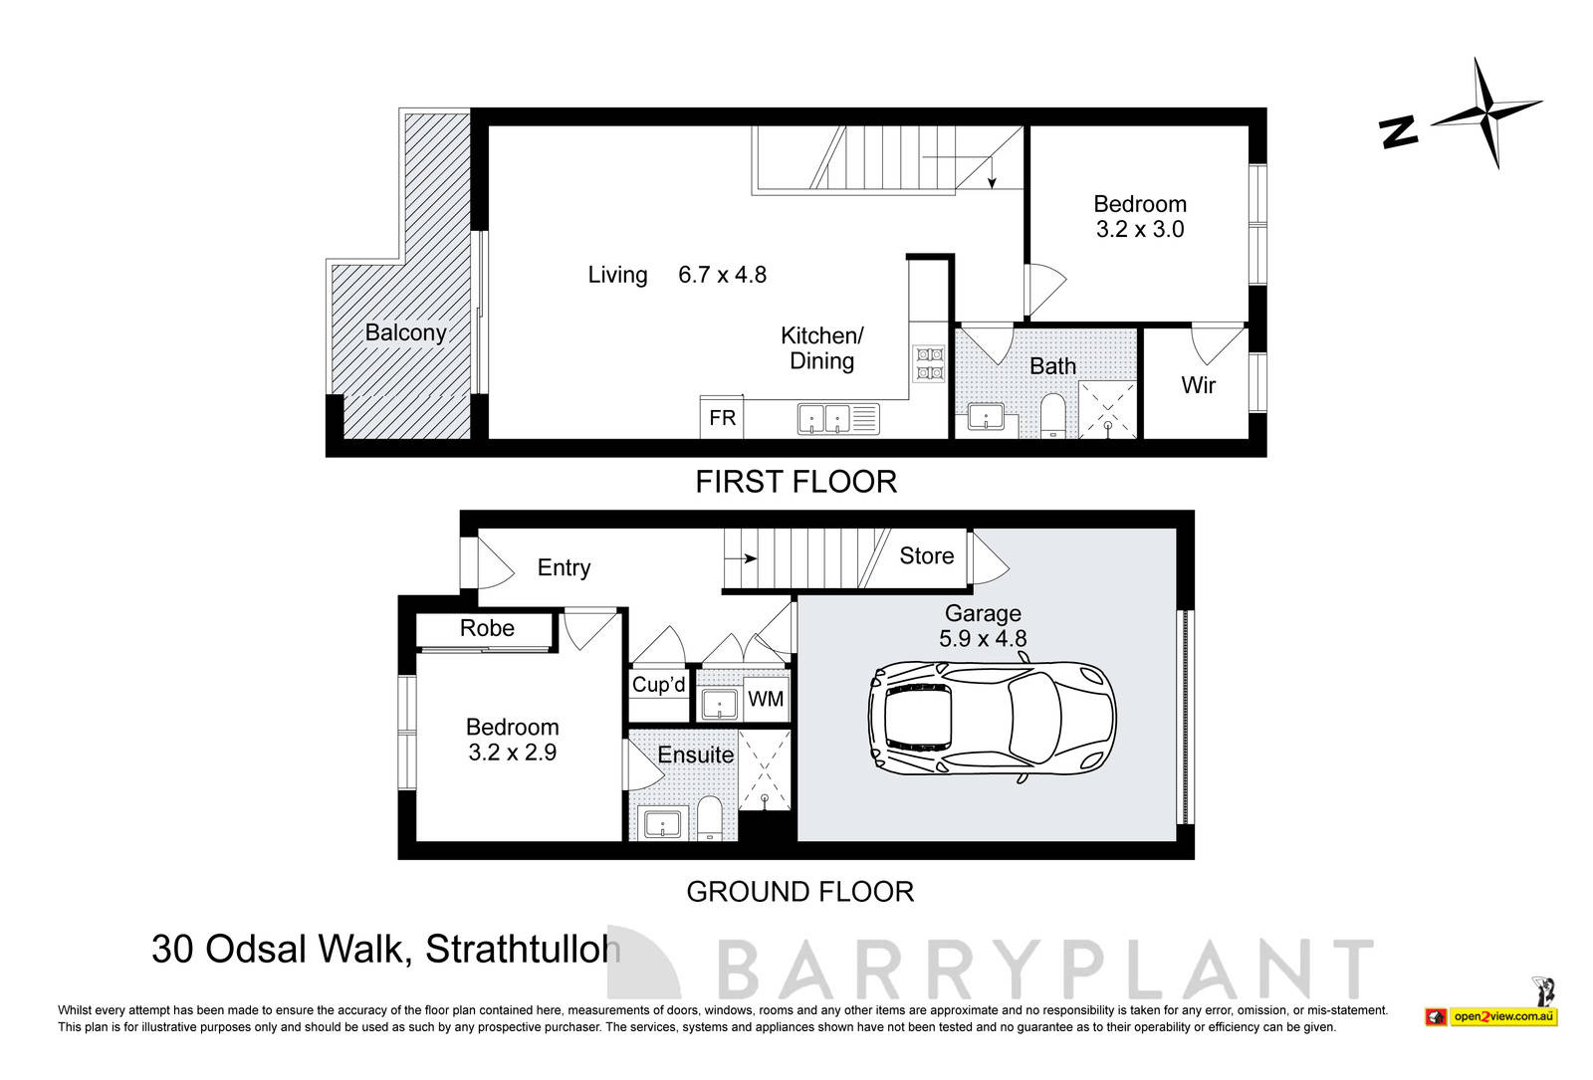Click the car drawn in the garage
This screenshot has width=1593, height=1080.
pos(992,717)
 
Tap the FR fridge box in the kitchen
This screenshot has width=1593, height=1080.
pos(723,418)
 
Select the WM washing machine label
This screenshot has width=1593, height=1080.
pos(766,699)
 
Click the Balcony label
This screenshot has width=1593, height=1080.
pos(405,332)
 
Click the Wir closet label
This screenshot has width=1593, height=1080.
pos(1198,385)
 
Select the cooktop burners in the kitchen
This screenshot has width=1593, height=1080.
pos(928,363)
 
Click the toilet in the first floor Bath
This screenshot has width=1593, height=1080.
pos(1052,415)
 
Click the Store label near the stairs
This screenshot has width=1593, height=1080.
pos(926,556)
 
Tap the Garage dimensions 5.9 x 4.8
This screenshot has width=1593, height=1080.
pos(983,639)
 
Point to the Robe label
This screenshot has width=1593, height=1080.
pos(487,628)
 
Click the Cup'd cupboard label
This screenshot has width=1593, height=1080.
pos(658,685)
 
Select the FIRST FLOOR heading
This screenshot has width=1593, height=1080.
pos(796,482)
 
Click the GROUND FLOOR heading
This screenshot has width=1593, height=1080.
pos(799,892)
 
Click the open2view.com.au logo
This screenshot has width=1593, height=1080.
pos(1502,1016)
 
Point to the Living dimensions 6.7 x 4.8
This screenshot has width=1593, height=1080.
pos(722,275)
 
